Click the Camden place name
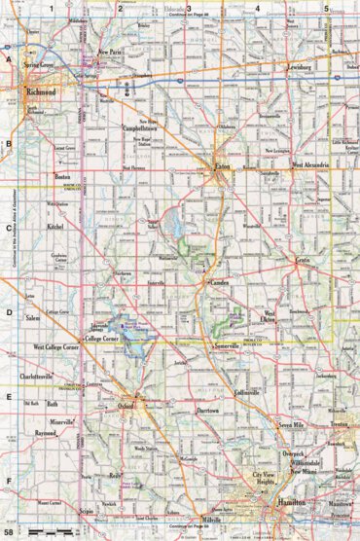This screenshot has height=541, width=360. click(217, 281)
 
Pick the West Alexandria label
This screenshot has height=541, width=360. click(310, 166)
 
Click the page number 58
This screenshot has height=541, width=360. click(10, 533)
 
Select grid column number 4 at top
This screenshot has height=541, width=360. click(257, 7)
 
